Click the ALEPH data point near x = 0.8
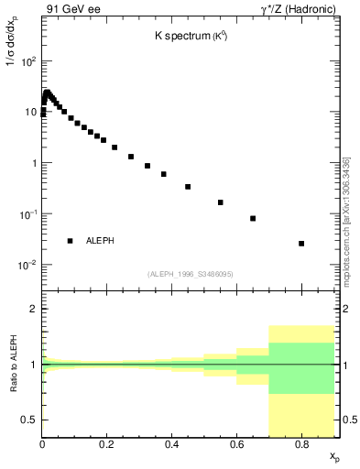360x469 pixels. pos(301,244)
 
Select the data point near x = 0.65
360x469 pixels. pos(253,218)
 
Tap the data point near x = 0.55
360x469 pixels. pos(221,202)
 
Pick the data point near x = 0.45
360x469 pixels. pos(188,187)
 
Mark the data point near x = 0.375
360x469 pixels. pos(164,174)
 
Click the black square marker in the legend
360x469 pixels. pos(70,241)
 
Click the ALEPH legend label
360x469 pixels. pos(100,241)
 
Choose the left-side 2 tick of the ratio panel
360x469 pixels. pos(33,310)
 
